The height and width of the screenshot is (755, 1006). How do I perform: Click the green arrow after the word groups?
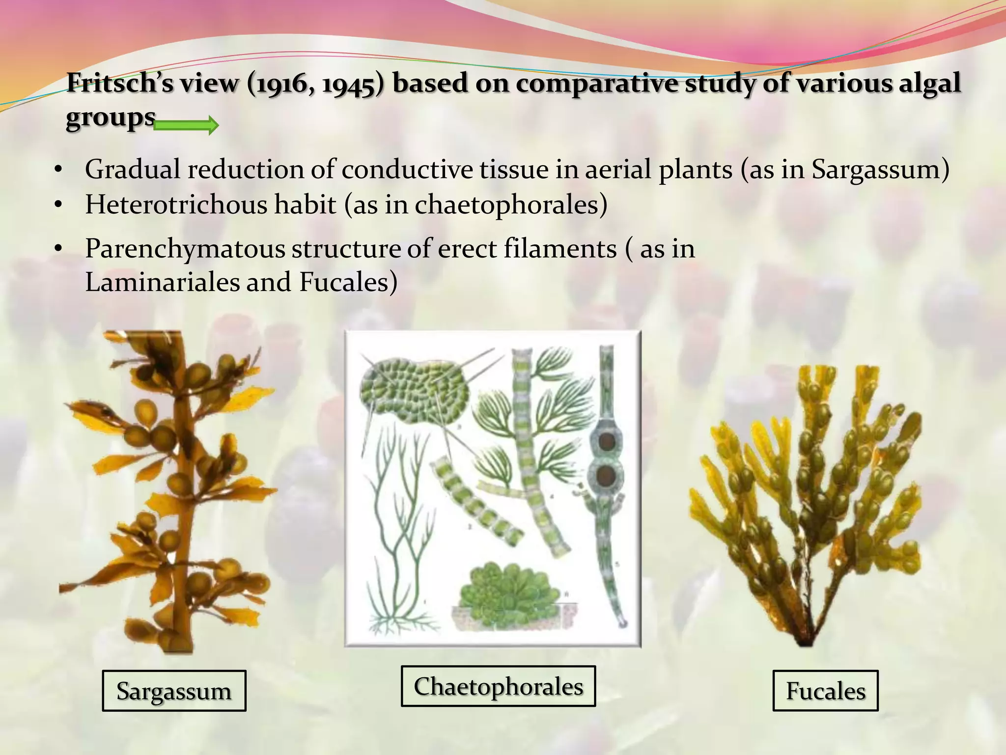click(186, 126)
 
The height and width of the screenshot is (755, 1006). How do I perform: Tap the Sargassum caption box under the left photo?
click(174, 691)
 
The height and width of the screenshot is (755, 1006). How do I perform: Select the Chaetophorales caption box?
click(498, 686)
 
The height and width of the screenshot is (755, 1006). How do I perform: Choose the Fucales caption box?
click(825, 691)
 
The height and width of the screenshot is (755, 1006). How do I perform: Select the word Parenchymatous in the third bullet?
click(185, 249)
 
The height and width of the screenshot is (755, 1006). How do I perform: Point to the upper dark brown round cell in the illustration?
click(608, 440)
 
